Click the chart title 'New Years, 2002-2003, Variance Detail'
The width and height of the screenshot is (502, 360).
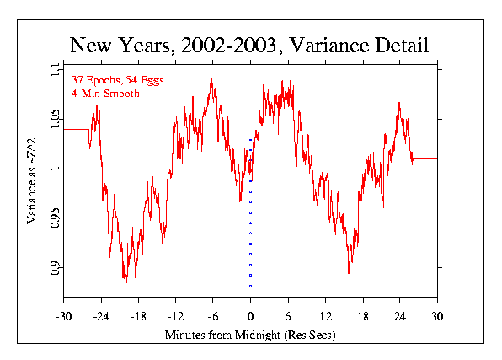tap(250, 45)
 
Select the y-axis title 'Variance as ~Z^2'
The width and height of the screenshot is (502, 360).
tap(31, 180)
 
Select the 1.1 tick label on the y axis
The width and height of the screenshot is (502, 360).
tap(55, 71)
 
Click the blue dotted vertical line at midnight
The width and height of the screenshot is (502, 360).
tap(250, 236)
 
